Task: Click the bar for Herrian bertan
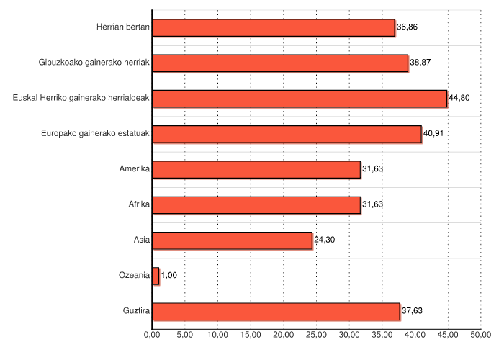pyautogui.click(x=274, y=27)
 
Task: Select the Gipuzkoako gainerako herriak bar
pyautogui.click(x=280, y=63)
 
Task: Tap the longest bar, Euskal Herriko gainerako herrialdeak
pyautogui.click(x=300, y=98)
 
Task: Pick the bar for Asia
pyautogui.click(x=232, y=240)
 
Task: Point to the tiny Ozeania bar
pyautogui.click(x=156, y=276)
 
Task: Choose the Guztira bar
pyautogui.click(x=276, y=311)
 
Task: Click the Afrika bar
pyautogui.click(x=256, y=205)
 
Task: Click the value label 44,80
pyautogui.click(x=459, y=99)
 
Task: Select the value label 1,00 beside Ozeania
pyautogui.click(x=169, y=276)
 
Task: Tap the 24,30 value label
pyautogui.click(x=324, y=240)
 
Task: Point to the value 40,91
pyautogui.click(x=433, y=134)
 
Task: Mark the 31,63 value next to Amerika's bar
pyautogui.click(x=372, y=169)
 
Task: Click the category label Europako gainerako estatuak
pyautogui.click(x=95, y=134)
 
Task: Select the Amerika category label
pyautogui.click(x=135, y=169)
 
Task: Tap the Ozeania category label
pyautogui.click(x=134, y=276)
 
